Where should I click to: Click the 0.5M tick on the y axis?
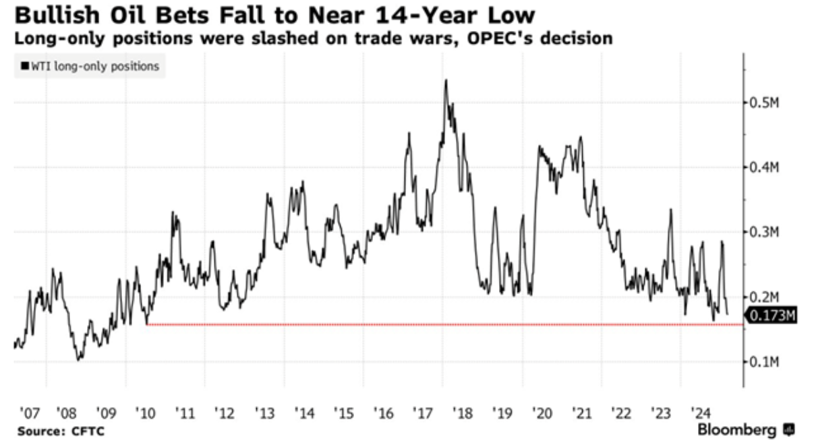765,102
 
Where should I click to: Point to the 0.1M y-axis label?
765,362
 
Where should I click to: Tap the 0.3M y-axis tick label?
765,232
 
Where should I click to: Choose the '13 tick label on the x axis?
264,411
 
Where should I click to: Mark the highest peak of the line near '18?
446,80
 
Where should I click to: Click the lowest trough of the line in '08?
79,359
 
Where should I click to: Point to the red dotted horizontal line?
445,324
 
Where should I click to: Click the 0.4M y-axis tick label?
765,167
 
